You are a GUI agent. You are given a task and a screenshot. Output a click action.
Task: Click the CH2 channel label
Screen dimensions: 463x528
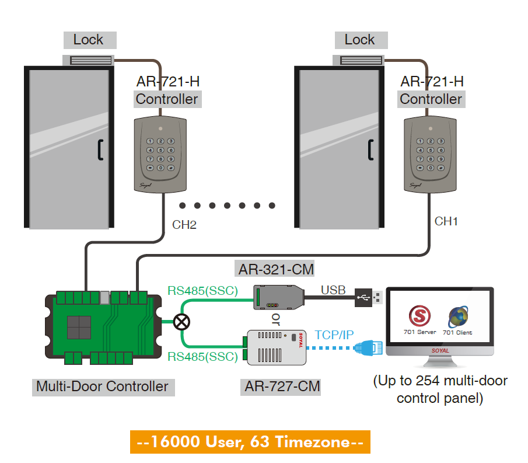click(x=184, y=224)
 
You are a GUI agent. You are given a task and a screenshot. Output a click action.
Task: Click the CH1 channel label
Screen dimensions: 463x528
click(x=446, y=221)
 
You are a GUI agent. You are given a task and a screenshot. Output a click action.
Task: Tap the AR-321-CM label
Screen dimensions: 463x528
click(x=276, y=269)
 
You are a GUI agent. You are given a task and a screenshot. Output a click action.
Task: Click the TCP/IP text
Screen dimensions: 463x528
click(x=334, y=335)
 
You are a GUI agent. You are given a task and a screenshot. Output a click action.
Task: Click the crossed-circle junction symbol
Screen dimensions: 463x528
click(x=182, y=322)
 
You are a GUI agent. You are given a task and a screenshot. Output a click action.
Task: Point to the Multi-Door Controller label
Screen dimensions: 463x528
click(x=102, y=386)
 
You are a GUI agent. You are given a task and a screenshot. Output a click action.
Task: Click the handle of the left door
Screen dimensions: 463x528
click(x=100, y=149)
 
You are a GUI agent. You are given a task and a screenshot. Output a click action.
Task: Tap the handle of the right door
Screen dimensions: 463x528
click(x=370, y=149)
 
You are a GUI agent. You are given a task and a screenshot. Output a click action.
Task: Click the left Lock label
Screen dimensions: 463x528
click(x=89, y=40)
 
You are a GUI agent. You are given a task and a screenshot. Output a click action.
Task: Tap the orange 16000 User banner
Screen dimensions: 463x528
click(x=250, y=442)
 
